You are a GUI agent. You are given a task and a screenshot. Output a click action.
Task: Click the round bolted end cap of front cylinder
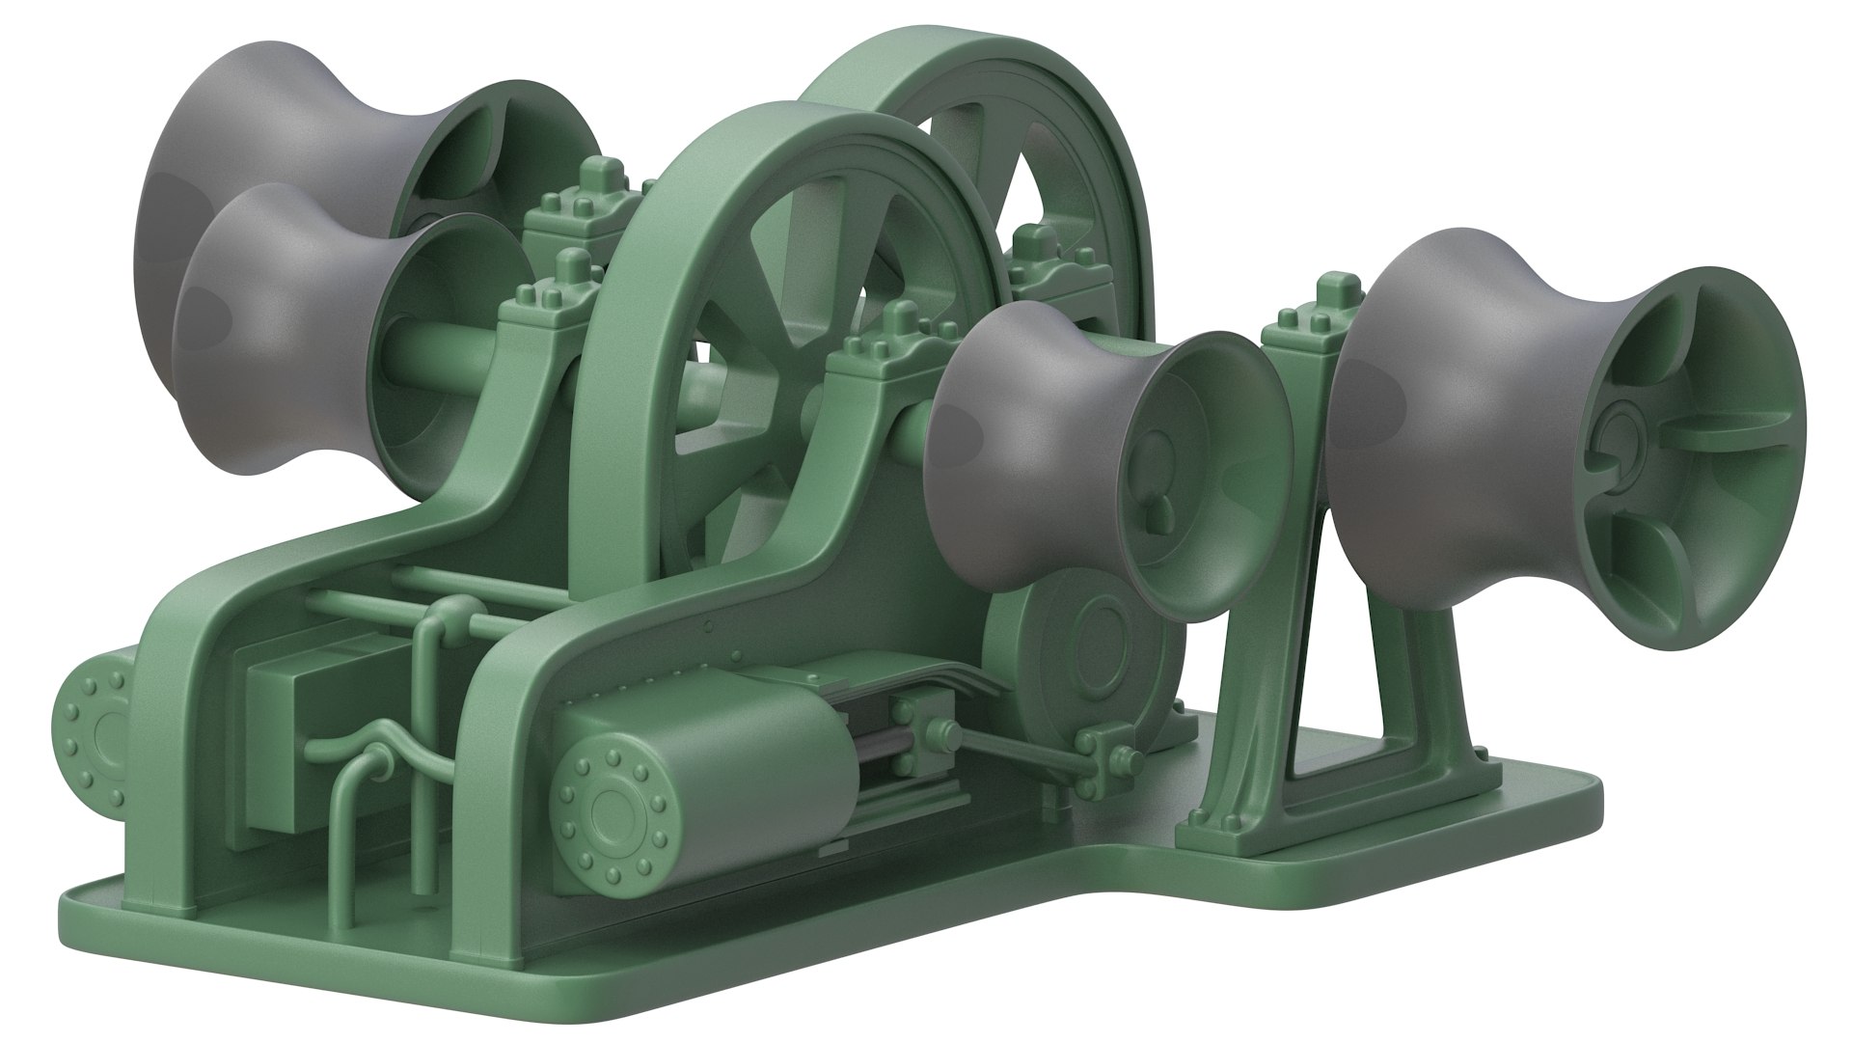tap(611, 804)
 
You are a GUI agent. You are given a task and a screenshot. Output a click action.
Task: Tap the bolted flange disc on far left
tap(92, 724)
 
